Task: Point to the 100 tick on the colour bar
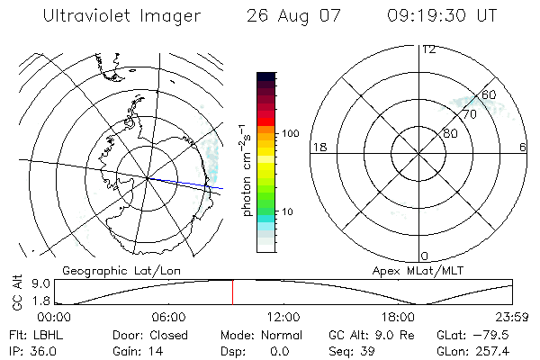click(x=289, y=133)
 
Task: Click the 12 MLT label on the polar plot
click(x=428, y=49)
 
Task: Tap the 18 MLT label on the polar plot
click(x=318, y=148)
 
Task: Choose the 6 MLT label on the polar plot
click(x=523, y=148)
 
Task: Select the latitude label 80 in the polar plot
click(x=450, y=133)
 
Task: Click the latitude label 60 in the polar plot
click(x=489, y=95)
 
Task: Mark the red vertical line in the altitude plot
click(x=233, y=292)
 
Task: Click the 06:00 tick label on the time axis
click(x=168, y=317)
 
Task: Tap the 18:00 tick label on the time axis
click(x=398, y=317)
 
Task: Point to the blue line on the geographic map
click(x=189, y=184)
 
